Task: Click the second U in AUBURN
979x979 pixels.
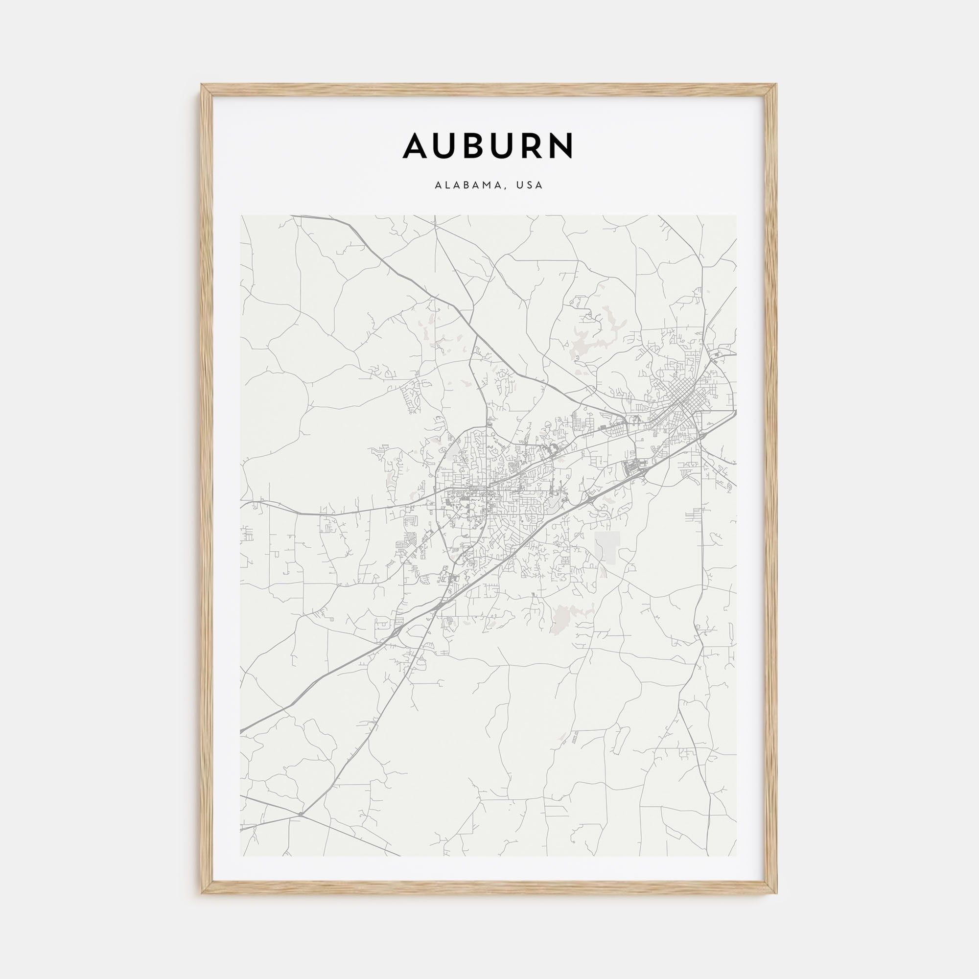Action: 504,146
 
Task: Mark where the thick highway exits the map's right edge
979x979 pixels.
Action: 736,412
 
